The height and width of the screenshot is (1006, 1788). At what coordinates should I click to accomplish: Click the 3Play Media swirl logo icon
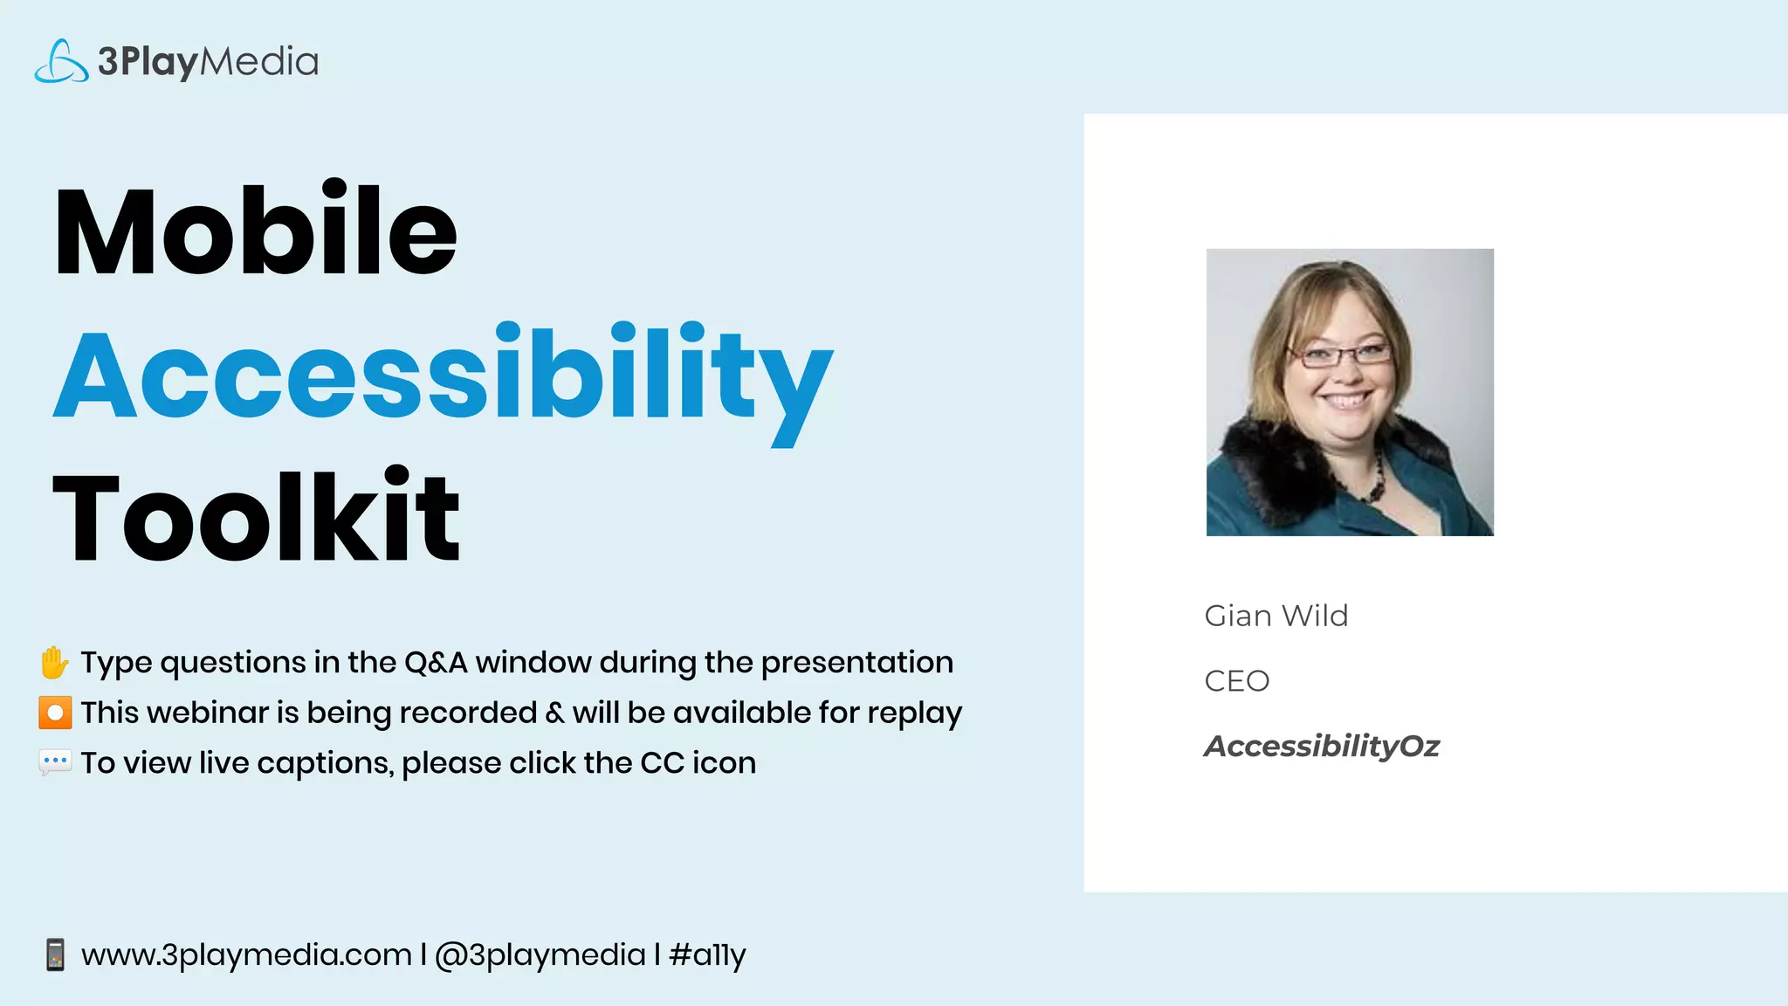click(61, 62)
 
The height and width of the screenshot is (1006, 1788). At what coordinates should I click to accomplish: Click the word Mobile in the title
click(255, 231)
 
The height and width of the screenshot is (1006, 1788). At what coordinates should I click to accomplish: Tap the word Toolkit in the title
click(255, 517)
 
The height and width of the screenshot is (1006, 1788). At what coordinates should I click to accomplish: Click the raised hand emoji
click(54, 663)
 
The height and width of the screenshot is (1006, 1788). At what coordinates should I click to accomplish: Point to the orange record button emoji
click(55, 713)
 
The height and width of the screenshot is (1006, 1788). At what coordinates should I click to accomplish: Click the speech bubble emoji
click(55, 762)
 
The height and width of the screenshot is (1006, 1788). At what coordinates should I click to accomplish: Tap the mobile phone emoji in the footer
click(55, 954)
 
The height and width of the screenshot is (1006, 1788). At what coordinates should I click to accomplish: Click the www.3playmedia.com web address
click(246, 954)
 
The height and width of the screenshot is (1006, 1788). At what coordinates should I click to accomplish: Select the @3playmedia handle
click(540, 954)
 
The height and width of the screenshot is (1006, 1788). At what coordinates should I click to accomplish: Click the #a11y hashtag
click(707, 954)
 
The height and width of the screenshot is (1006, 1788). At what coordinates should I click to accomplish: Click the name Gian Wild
click(1276, 616)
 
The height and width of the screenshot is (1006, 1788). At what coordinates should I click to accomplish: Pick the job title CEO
click(1236, 681)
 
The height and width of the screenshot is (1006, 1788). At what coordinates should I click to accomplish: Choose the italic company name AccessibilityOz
click(1321, 746)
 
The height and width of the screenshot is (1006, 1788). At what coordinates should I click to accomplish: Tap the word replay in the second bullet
click(914, 713)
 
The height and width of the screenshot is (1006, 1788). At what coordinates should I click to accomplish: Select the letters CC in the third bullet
click(662, 763)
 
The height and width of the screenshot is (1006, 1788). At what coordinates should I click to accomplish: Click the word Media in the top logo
click(259, 62)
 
